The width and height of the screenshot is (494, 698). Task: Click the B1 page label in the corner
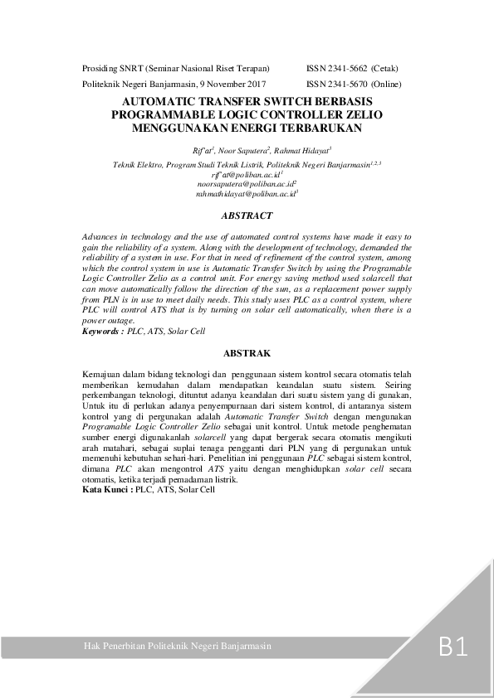(453, 647)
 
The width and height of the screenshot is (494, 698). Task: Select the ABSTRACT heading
(247, 216)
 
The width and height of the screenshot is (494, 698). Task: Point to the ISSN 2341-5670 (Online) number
(354, 85)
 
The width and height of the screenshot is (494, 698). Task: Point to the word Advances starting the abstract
(101, 237)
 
